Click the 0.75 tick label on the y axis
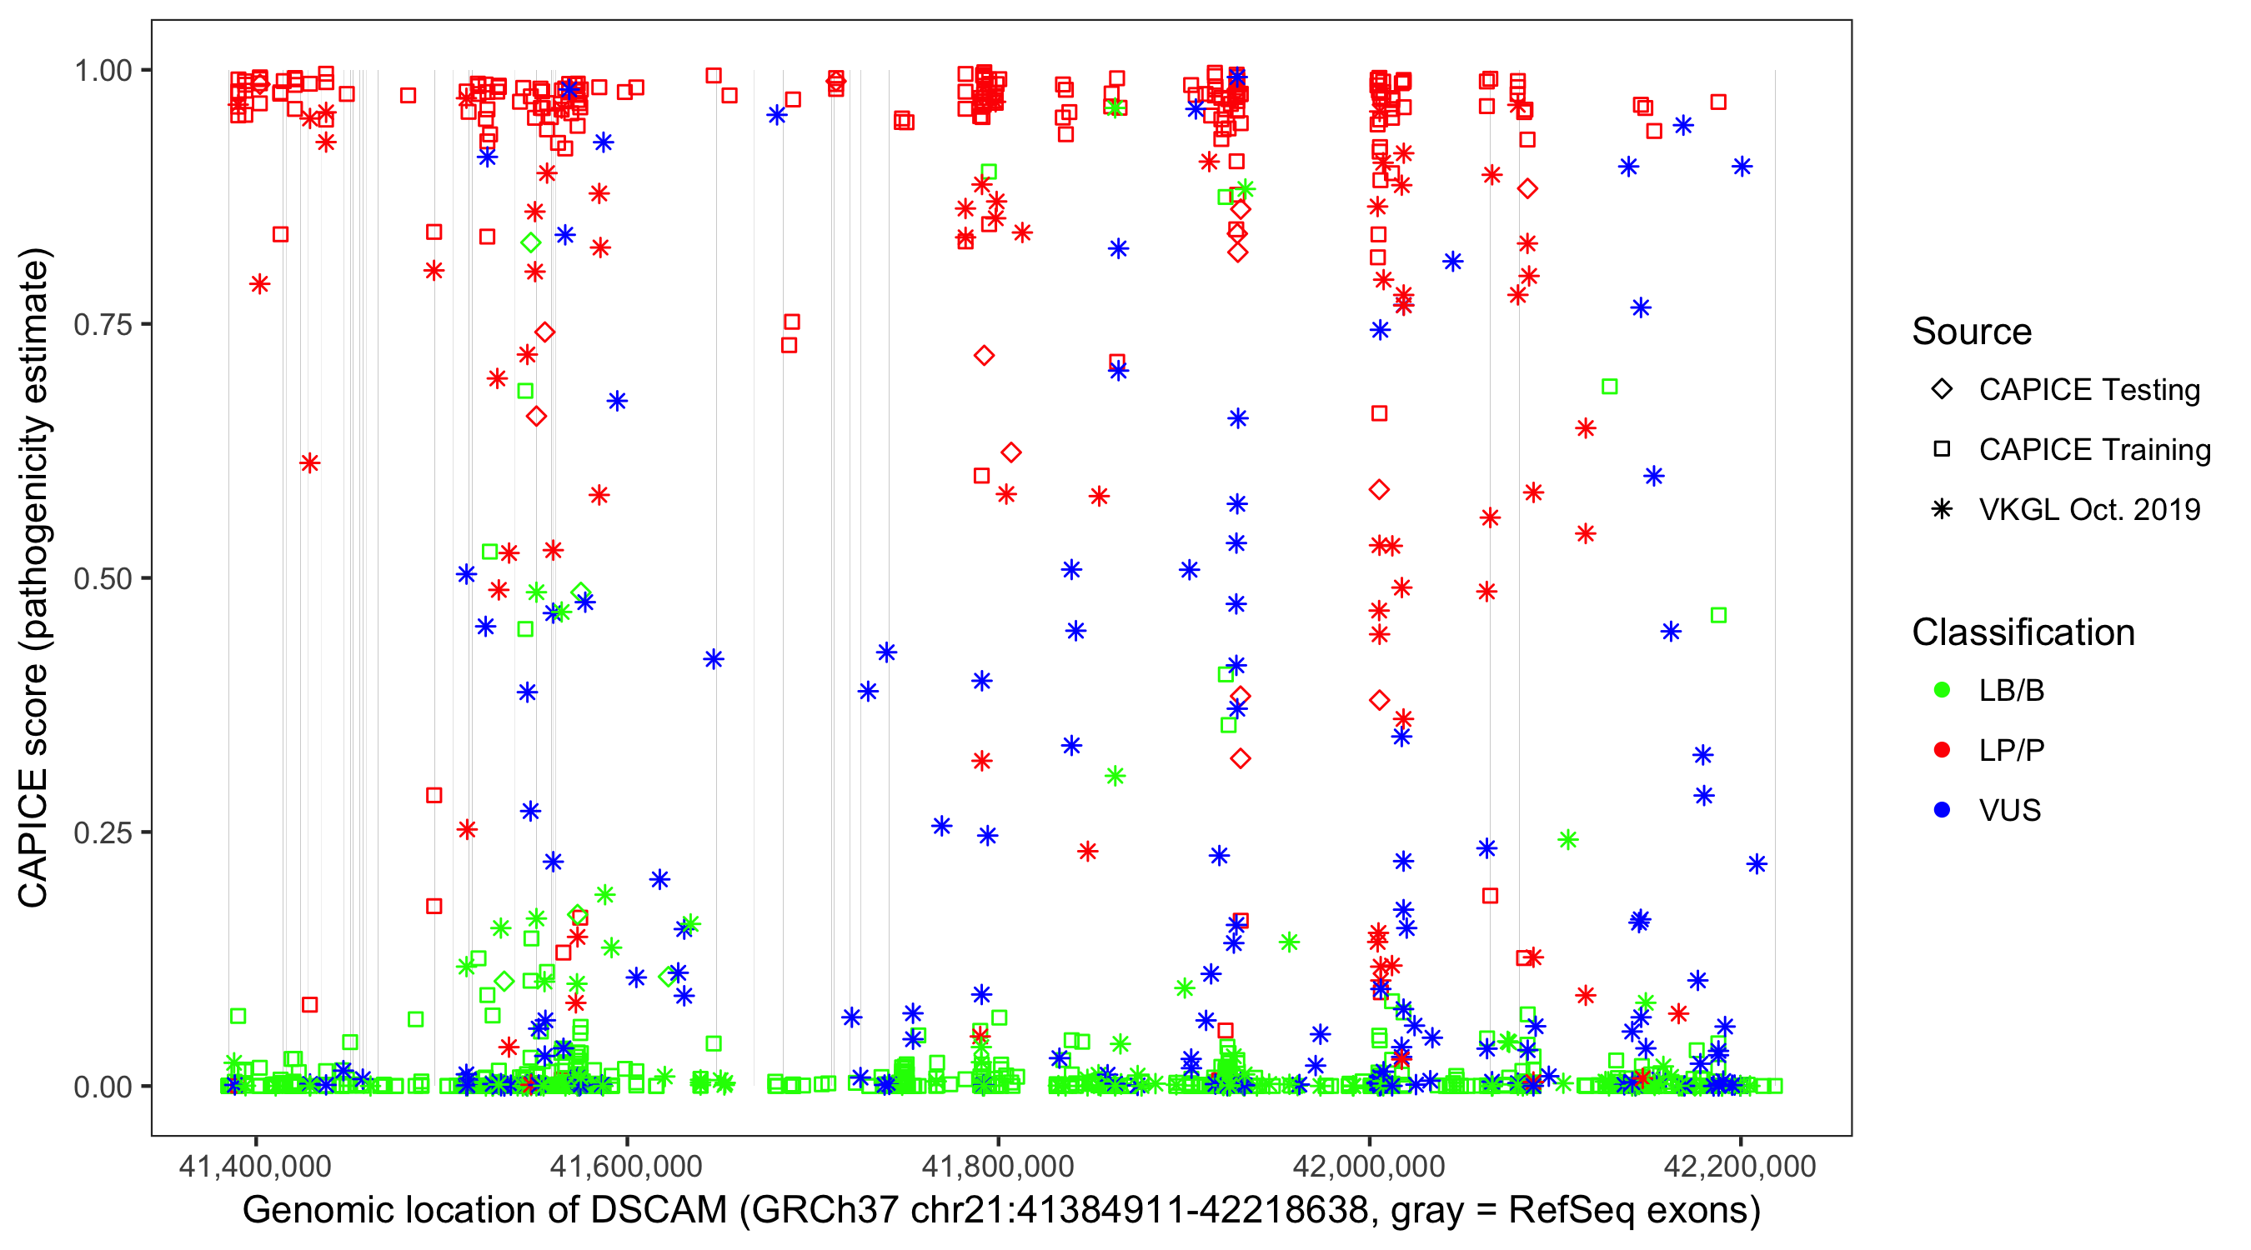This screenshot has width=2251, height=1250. point(102,325)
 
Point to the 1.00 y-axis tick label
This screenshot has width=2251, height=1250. point(102,71)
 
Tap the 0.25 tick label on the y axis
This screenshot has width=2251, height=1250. point(102,832)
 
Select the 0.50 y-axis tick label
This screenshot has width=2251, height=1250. point(102,579)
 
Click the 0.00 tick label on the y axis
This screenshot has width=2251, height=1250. point(102,1087)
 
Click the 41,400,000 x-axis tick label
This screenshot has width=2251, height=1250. point(255,1167)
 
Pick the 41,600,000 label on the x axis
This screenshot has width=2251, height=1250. point(627,1167)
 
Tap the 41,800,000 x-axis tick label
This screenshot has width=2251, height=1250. point(998,1167)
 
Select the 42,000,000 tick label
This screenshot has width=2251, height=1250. point(1369,1167)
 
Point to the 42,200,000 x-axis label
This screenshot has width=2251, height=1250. point(1741,1167)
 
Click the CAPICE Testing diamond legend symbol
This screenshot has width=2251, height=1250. point(1943,390)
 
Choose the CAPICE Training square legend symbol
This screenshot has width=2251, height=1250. point(1943,450)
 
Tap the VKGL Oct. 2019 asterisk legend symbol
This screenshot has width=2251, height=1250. point(1943,509)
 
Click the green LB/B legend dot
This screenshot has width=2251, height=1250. point(1943,691)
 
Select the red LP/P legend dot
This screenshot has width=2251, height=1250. point(1943,750)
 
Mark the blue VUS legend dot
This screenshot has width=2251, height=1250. point(1943,811)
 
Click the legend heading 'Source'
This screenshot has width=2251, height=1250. point(1972,332)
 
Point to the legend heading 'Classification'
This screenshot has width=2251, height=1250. point(2023,632)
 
